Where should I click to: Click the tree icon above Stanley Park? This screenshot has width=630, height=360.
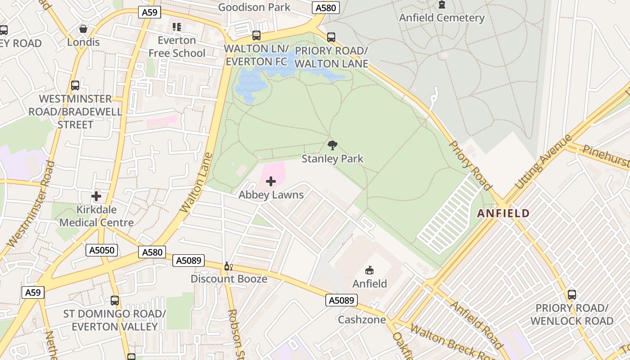pos(333,145)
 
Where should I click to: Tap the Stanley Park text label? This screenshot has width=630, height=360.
pos(333,159)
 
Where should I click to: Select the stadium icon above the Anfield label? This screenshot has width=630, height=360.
pos(369,270)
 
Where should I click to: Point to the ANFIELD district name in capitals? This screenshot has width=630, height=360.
pos(504,213)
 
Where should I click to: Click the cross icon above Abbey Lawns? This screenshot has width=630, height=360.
pos(271,181)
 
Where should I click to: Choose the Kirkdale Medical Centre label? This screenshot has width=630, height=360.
pos(96,216)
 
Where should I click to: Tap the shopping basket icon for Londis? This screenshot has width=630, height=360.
pos(83,29)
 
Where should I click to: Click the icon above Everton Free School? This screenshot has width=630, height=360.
pos(177,27)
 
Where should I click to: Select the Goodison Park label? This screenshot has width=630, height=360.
pos(254,7)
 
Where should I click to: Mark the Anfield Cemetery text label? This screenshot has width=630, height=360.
pos(442,18)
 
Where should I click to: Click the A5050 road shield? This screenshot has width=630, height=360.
pos(102,250)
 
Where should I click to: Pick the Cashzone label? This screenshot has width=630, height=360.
pos(362,319)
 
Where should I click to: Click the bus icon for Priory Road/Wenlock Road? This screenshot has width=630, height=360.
pos(571,295)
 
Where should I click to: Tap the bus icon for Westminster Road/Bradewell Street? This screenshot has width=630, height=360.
pos(75,85)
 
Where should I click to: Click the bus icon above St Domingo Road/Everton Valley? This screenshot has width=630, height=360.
pos(115,301)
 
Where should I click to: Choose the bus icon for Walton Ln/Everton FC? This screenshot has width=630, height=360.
pos(256,35)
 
